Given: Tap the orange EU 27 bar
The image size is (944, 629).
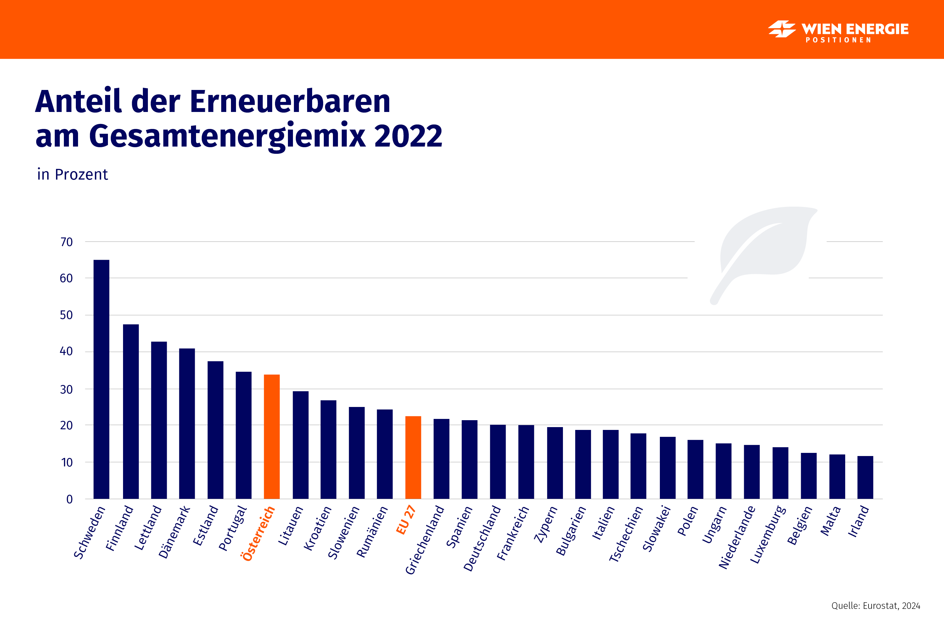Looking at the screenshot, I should [413, 457].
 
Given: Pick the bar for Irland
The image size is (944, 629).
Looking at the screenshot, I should [865, 477].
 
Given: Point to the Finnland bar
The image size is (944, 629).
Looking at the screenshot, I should [131, 411].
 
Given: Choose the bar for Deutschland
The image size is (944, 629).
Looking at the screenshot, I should [498, 461].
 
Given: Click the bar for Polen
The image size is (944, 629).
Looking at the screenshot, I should [695, 469].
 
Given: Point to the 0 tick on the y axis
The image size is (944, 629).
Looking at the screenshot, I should [70, 499].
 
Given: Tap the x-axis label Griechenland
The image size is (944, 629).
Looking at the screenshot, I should [424, 540].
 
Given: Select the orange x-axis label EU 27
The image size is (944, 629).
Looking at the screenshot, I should [405, 520].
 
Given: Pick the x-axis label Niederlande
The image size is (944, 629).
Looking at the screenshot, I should [737, 537].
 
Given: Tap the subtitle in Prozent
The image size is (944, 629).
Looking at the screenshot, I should [72, 175].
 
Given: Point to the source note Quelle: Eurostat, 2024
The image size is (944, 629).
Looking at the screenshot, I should [875, 606].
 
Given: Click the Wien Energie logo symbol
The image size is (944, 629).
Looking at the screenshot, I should [781, 29].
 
